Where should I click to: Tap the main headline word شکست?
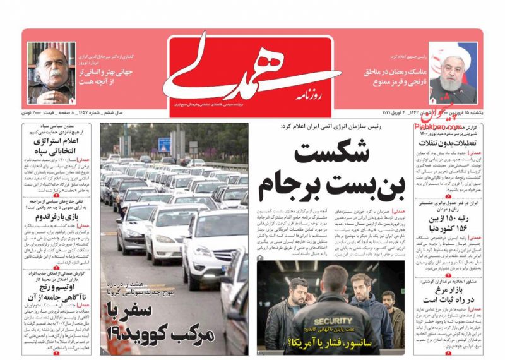323,155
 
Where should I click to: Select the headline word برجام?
288,186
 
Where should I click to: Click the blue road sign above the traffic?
165,144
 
